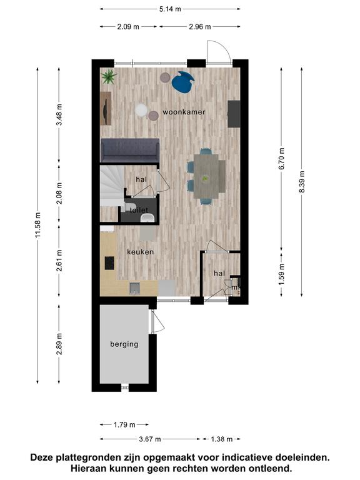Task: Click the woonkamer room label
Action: [x=184, y=112]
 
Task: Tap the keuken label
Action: [x=141, y=252]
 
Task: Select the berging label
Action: [x=124, y=344]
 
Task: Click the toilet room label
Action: [x=139, y=210]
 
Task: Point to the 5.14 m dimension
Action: [x=170, y=9]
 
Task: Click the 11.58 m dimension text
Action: [x=37, y=225]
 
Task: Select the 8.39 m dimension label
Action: [x=302, y=182]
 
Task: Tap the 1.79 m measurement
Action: [x=124, y=424]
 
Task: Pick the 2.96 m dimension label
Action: [x=199, y=27]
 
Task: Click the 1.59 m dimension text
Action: [x=282, y=274]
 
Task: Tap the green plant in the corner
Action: [x=109, y=76]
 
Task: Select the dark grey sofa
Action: [x=130, y=150]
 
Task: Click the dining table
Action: [x=206, y=176]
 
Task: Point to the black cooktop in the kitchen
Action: [x=109, y=263]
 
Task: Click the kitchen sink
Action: [x=135, y=288]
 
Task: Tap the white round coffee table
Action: [x=141, y=110]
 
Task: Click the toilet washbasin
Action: [x=147, y=217]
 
